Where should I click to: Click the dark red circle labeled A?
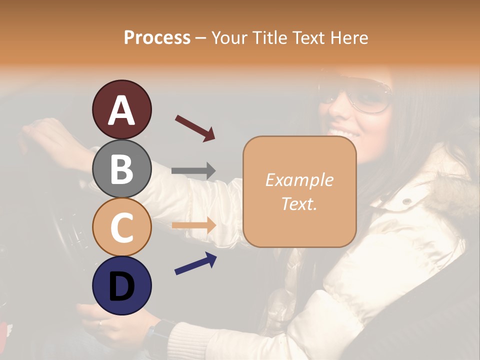pos(121,109)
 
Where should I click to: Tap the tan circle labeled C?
pos(121,227)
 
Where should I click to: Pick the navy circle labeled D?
pos(121,285)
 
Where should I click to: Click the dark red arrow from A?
pos(195,128)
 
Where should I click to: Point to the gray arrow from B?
pos(193,171)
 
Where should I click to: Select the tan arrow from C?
pos(193,225)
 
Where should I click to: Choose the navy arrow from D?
pos(195,263)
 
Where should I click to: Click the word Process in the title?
pos(157,37)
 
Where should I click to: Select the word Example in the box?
pos(299,180)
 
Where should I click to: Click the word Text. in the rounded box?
pos(299,203)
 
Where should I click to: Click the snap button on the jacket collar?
pos(407,201)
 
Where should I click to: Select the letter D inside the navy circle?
pos(121,286)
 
